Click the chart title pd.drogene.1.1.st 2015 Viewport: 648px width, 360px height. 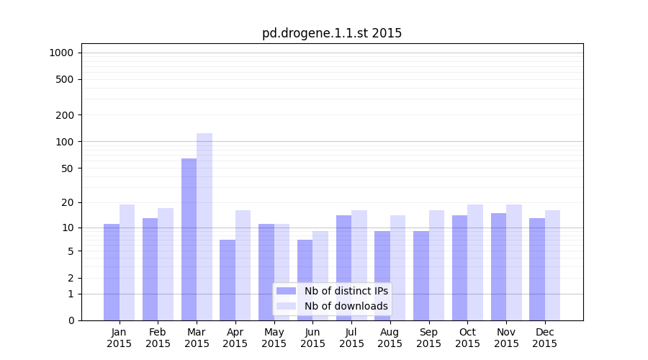[332, 33]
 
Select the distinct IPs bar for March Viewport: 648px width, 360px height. [189, 239]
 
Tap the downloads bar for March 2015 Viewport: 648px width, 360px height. [204, 227]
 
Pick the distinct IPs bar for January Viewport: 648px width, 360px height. [112, 272]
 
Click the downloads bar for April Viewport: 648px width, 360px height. [243, 265]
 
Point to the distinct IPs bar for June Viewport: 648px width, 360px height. [305, 280]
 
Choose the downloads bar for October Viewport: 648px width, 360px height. [475, 262]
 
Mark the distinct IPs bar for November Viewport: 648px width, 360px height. [498, 266]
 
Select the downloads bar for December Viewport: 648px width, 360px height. [552, 265]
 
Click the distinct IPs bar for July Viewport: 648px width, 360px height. [343, 268]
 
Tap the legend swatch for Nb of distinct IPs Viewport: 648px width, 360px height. [286, 291]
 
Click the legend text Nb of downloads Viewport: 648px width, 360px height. [346, 306]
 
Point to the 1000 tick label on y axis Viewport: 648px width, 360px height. [61, 53]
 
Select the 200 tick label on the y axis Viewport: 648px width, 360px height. [65, 115]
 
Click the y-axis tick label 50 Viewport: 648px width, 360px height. [67, 168]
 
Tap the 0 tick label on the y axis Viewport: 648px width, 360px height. [71, 320]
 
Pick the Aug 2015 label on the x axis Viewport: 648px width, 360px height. [390, 338]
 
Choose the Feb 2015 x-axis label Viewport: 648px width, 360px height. [158, 338]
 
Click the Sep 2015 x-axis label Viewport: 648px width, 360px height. [428, 338]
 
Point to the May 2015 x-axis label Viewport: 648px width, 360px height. [274, 338]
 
